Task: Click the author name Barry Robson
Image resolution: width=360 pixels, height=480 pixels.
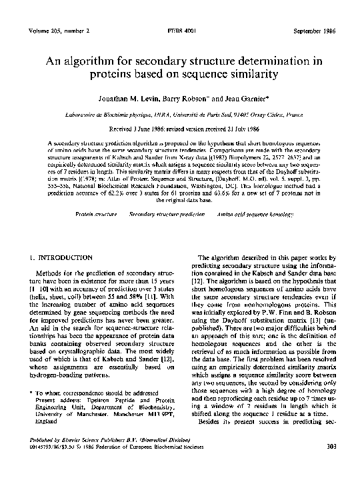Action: click(198, 99)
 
